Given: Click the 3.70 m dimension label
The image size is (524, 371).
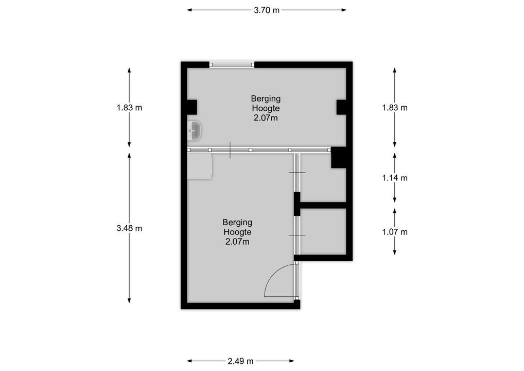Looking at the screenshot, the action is pyautogui.click(x=266, y=10).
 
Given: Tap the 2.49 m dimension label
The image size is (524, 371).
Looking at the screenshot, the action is pyautogui.click(x=240, y=361).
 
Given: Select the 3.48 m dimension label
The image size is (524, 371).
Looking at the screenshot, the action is pyautogui.click(x=129, y=228).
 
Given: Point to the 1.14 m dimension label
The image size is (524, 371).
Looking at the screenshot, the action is pyautogui.click(x=395, y=178).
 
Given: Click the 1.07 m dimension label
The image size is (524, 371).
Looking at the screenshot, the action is pyautogui.click(x=395, y=232).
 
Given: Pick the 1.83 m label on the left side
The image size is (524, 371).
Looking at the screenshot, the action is pyautogui.click(x=129, y=108).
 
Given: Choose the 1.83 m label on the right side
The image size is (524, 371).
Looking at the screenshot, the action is pyautogui.click(x=395, y=108).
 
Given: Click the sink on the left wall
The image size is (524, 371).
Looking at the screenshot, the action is pyautogui.click(x=194, y=130).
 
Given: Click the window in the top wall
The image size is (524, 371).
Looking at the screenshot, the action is pyautogui.click(x=232, y=65).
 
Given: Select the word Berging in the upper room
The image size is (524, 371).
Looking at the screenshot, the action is pyautogui.click(x=266, y=99).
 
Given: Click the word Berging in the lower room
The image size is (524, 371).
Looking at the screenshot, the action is pyautogui.click(x=237, y=222).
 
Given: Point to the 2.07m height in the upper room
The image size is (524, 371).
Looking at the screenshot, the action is pyautogui.click(x=266, y=118).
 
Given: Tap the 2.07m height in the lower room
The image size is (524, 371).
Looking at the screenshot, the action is pyautogui.click(x=237, y=242).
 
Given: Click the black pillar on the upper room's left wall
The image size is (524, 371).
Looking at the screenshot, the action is pyautogui.click(x=192, y=107).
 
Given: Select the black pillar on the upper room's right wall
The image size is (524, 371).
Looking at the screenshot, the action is pyautogui.click(x=341, y=107).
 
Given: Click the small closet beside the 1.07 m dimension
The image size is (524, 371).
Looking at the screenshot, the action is pyautogui.click(x=323, y=231).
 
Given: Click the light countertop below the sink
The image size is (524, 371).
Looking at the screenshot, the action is pyautogui.click(x=200, y=166).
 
